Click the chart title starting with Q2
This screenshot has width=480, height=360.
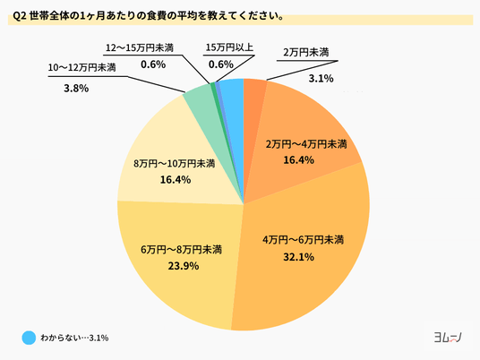click(x=149, y=16)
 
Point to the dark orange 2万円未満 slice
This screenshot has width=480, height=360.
click(x=253, y=98)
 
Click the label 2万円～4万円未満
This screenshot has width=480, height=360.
click(x=306, y=144)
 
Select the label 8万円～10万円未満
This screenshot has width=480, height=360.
click(x=175, y=164)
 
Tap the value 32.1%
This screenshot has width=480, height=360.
click(x=299, y=257)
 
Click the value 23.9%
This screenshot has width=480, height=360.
click(x=184, y=266)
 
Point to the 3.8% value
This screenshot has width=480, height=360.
click(x=76, y=89)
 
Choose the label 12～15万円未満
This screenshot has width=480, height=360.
click(x=140, y=47)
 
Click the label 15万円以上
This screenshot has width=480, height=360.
click(x=229, y=47)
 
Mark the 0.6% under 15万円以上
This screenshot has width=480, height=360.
click(x=221, y=64)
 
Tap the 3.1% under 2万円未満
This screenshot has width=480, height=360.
click(x=321, y=79)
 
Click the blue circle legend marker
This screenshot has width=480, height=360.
click(x=29, y=338)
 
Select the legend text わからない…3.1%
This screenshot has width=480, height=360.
click(x=74, y=338)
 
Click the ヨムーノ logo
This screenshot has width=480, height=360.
click(x=448, y=338)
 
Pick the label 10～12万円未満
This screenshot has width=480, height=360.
click(x=81, y=67)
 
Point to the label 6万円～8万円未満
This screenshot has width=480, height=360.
click(x=181, y=250)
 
